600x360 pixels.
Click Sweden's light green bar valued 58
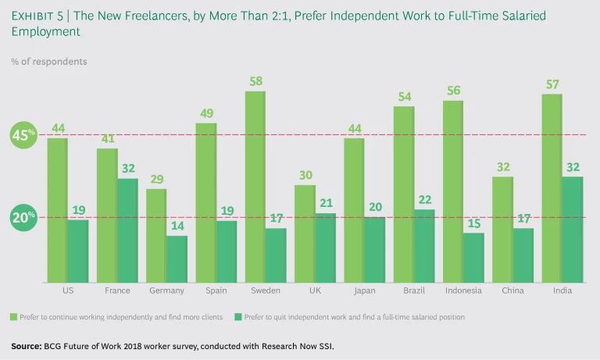click(x=255, y=187)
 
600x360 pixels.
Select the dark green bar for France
click(x=127, y=230)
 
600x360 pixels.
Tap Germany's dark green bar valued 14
click(x=177, y=258)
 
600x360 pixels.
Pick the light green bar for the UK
click(x=305, y=233)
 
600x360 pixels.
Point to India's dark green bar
click(x=573, y=230)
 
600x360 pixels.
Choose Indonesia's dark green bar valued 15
click(x=473, y=257)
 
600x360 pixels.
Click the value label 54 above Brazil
click(x=403, y=98)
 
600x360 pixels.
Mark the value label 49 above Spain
click(x=205, y=114)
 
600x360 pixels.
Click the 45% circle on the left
click(x=23, y=135)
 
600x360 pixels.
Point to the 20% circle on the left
click(x=23, y=218)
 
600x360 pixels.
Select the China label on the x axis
click(x=512, y=290)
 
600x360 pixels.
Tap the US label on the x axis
click(x=67, y=290)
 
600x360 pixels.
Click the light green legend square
click(x=13, y=317)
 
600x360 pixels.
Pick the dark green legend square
click(x=238, y=317)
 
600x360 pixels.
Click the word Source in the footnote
click(x=27, y=345)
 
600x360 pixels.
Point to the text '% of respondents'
click(x=49, y=61)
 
